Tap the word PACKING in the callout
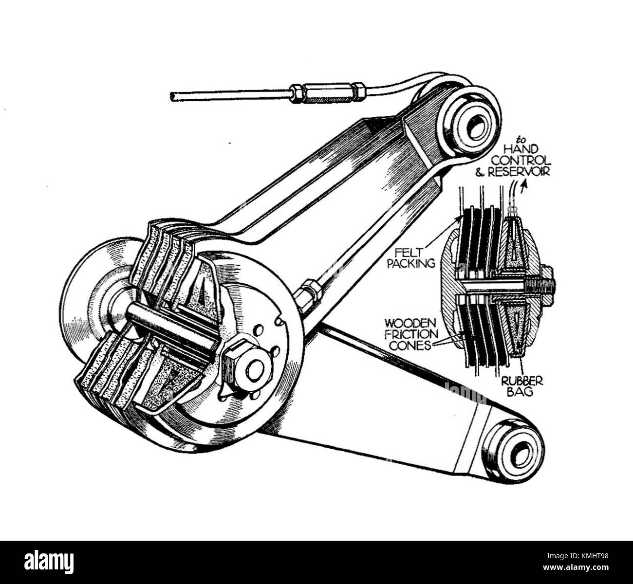(x=415, y=264)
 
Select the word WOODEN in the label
(x=404, y=323)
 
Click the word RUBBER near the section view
(x=522, y=381)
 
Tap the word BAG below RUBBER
(x=520, y=391)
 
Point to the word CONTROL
(x=521, y=161)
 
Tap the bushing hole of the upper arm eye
(x=475, y=127)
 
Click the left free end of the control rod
(x=173, y=96)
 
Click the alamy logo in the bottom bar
(x=49, y=562)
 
